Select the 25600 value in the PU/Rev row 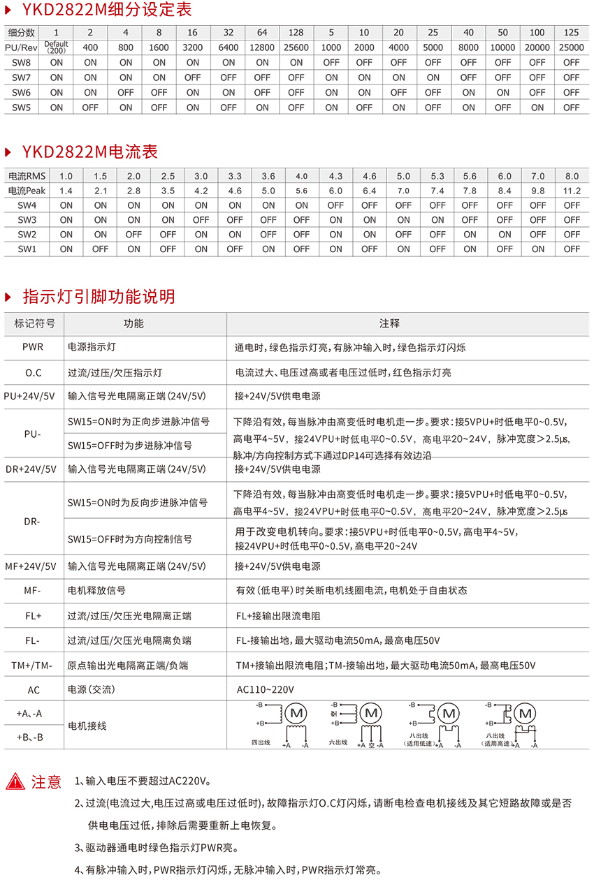pos(296,47)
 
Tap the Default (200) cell pos(57,47)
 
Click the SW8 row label pos(21,62)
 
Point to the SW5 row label pos(21,108)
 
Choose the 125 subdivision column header pos(571,33)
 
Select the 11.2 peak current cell pos(572,191)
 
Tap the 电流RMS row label pos(27,176)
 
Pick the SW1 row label pos(27,249)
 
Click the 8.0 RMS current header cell pos(572,176)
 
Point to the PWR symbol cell pos(32,347)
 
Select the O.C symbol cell pos(33,372)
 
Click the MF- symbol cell pos(32,591)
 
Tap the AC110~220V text pos(266,690)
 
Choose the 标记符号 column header pos(34,323)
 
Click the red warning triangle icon pos(15,781)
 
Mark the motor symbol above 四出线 pos(296,713)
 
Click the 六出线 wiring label pos(338,742)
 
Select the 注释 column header pos(389,323)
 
